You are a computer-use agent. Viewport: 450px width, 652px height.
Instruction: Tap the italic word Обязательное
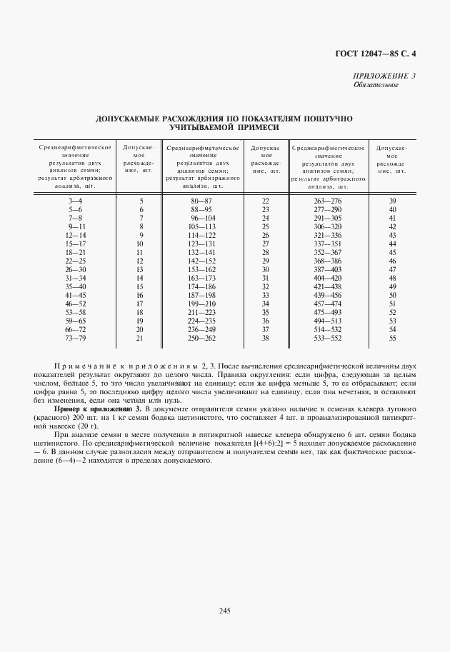375,85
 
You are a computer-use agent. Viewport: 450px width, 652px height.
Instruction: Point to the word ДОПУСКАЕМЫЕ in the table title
130,118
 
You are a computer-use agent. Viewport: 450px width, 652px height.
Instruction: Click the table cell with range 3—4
75,201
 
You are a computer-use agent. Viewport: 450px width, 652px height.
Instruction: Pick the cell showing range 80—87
201,201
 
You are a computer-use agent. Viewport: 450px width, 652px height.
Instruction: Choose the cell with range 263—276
329,201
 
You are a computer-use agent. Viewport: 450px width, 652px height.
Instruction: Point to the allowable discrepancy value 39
392,201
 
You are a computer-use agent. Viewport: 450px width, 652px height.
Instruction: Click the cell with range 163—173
201,277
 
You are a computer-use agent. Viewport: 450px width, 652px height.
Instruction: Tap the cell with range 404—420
329,277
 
